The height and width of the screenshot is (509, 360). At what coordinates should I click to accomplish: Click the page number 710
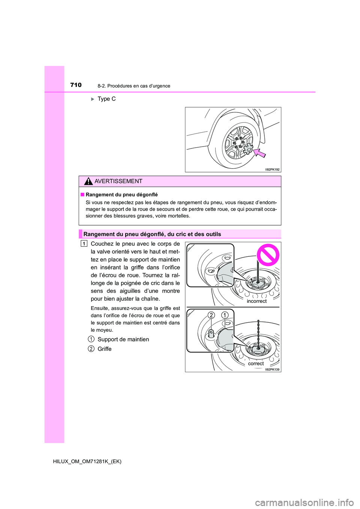[76, 85]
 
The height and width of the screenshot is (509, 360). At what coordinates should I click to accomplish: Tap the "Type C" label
[106, 99]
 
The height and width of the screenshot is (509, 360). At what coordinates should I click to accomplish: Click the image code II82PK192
[272, 169]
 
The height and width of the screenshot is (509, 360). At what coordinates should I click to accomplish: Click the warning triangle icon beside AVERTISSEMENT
[88, 181]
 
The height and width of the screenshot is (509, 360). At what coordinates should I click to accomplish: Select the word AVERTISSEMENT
[118, 181]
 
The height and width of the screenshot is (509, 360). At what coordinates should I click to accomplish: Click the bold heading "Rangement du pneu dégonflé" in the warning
[121, 195]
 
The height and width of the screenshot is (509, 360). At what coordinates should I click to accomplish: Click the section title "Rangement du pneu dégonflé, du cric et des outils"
[152, 234]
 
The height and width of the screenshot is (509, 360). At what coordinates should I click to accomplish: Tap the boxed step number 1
[84, 244]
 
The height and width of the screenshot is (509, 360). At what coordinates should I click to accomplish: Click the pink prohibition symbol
[268, 255]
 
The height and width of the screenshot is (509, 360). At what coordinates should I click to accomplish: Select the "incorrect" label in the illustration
[256, 301]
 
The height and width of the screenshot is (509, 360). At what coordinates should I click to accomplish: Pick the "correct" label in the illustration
[256, 364]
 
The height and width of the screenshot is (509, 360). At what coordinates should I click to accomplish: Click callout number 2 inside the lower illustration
[211, 315]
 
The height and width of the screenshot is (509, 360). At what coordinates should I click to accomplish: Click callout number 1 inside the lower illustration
[225, 315]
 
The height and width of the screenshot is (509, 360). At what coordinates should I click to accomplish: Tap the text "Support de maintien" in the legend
[123, 340]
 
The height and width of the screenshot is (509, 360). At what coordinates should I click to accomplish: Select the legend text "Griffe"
[104, 349]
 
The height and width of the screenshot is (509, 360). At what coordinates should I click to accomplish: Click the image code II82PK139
[272, 370]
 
